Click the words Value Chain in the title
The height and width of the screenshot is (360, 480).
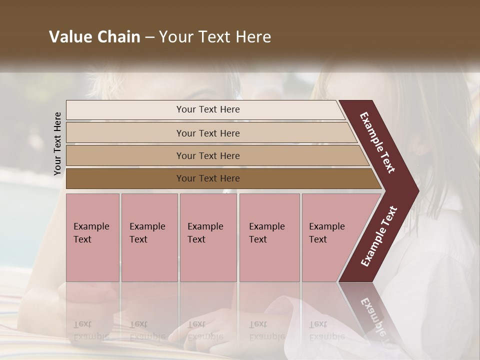tap(94, 37)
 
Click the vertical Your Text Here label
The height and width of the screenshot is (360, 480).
tap(57, 143)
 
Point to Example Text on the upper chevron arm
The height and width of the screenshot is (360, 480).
tap(377, 142)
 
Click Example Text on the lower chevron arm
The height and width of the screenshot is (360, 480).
tap(379, 236)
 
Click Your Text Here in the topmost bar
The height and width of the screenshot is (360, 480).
tap(208, 109)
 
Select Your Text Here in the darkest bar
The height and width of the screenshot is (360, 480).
tap(208, 178)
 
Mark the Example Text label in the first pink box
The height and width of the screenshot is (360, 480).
tap(91, 232)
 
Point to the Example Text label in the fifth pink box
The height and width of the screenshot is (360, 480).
tap(326, 232)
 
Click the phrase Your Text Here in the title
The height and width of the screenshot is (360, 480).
tap(215, 37)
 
